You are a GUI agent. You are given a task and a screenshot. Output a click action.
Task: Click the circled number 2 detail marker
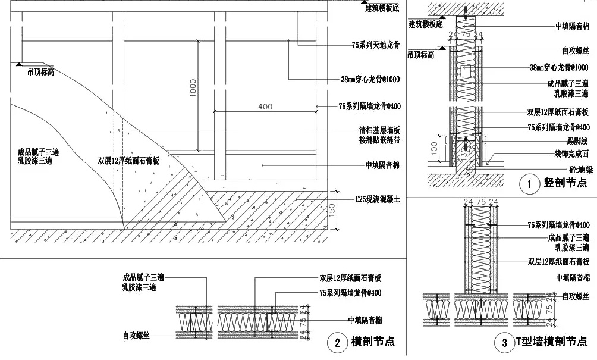click(x=337, y=342)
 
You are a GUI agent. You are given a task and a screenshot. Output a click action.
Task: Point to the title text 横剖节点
click(x=373, y=342)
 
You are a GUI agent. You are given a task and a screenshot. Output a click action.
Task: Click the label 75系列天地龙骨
click(x=375, y=45)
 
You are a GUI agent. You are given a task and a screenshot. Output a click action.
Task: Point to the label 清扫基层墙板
click(x=379, y=129)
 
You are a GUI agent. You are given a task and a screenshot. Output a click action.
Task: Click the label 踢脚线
click(x=577, y=141)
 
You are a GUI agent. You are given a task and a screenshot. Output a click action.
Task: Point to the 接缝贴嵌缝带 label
click(x=379, y=140)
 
